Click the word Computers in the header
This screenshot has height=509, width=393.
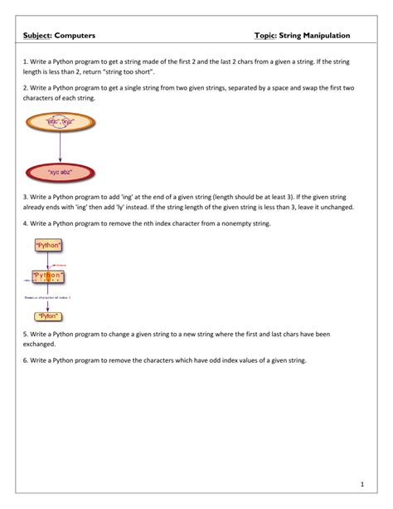[x=75, y=37]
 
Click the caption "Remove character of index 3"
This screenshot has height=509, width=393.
[x=47, y=296]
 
